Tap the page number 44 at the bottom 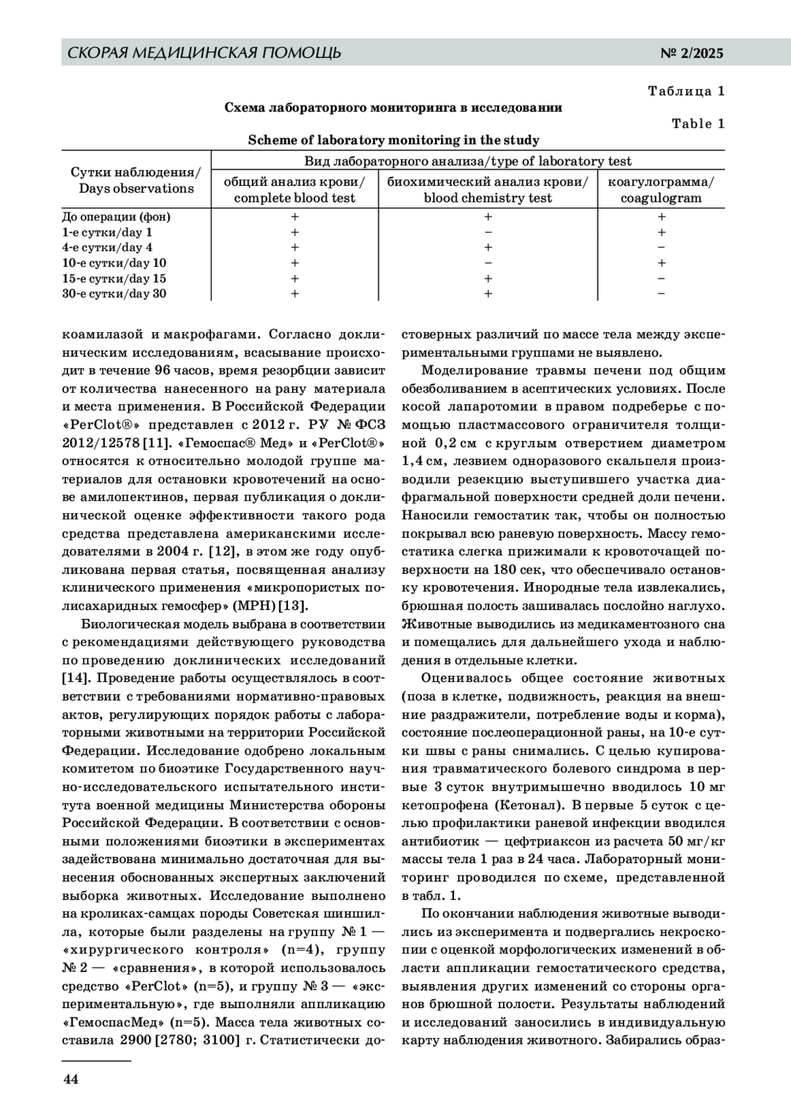click(71, 1079)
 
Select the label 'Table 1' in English click(698, 124)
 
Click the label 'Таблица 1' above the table click(686, 91)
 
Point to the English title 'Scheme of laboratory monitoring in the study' click(394, 140)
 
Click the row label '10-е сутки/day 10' click(114, 263)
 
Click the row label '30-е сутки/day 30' click(114, 294)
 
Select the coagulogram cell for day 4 click(661, 248)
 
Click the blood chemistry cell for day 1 click(488, 232)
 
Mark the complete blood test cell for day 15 click(295, 279)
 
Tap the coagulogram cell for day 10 click(661, 263)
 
